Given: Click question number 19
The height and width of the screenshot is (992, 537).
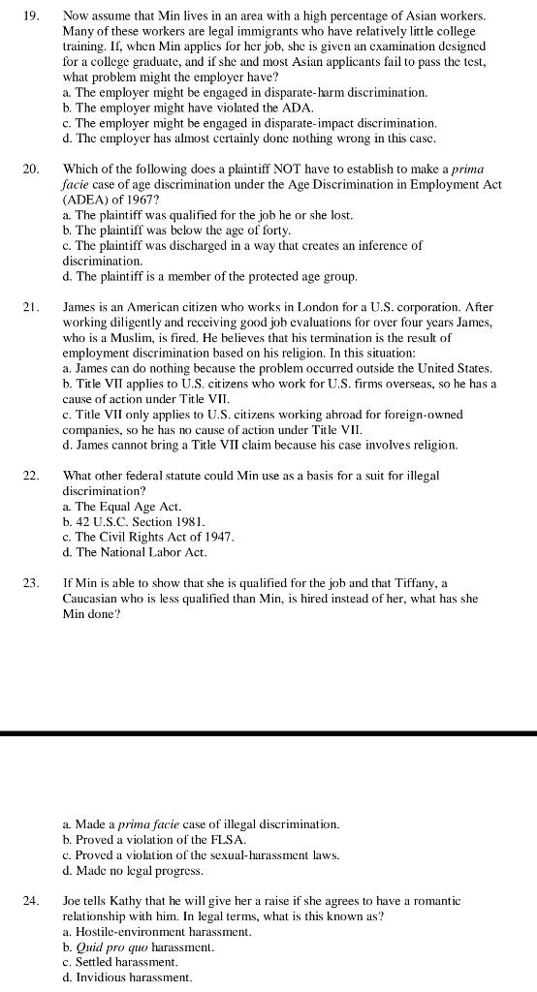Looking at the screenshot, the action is click(x=31, y=16).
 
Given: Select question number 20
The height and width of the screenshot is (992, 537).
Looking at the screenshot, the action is click(x=31, y=169).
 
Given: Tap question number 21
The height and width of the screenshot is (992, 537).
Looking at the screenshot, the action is click(x=31, y=307).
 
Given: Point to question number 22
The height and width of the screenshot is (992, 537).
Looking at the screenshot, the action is click(x=31, y=476).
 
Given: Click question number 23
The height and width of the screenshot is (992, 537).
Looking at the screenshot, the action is click(x=31, y=583).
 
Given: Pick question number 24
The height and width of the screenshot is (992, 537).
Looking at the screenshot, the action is click(x=31, y=901).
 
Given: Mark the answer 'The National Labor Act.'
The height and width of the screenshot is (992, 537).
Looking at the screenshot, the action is click(x=134, y=552).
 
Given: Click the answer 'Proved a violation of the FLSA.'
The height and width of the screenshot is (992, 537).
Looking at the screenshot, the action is click(x=153, y=839).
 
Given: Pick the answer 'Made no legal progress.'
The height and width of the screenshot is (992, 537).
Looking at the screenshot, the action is click(x=132, y=870).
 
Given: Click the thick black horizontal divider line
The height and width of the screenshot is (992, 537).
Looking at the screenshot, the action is click(x=268, y=733).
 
